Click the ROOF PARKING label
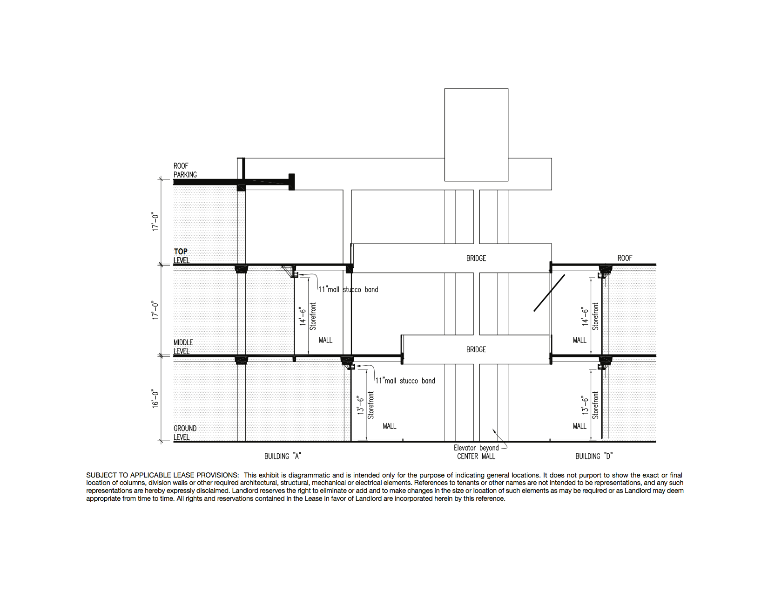tap(185, 170)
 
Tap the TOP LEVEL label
tap(182, 256)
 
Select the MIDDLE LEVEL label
tap(183, 347)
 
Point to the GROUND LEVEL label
tap(185, 433)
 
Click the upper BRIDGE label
tap(476, 258)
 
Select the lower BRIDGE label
tap(476, 349)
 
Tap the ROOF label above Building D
tap(625, 258)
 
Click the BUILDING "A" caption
tap(283, 457)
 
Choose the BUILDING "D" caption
tap(594, 457)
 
